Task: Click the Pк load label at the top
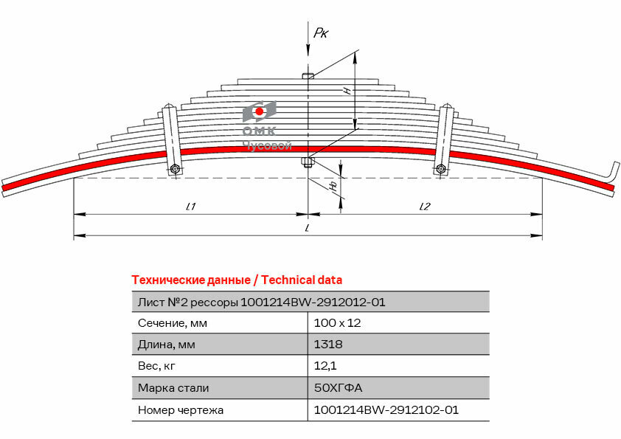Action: tap(321, 32)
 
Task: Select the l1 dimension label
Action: tap(190, 207)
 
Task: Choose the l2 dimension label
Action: tap(424, 207)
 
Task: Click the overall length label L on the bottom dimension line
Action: tap(307, 229)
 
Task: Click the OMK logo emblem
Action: tap(259, 112)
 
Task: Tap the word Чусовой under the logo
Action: tap(267, 145)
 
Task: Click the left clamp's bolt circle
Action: tap(175, 170)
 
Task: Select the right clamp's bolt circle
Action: tap(441, 170)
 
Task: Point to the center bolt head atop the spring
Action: tap(308, 75)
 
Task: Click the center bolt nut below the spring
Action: tap(308, 163)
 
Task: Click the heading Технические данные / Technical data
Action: tap(236, 280)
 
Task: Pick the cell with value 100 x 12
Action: tap(337, 323)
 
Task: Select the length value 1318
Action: tap(328, 345)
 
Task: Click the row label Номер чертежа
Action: tap(180, 409)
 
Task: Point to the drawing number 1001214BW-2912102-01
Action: tap(386, 409)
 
